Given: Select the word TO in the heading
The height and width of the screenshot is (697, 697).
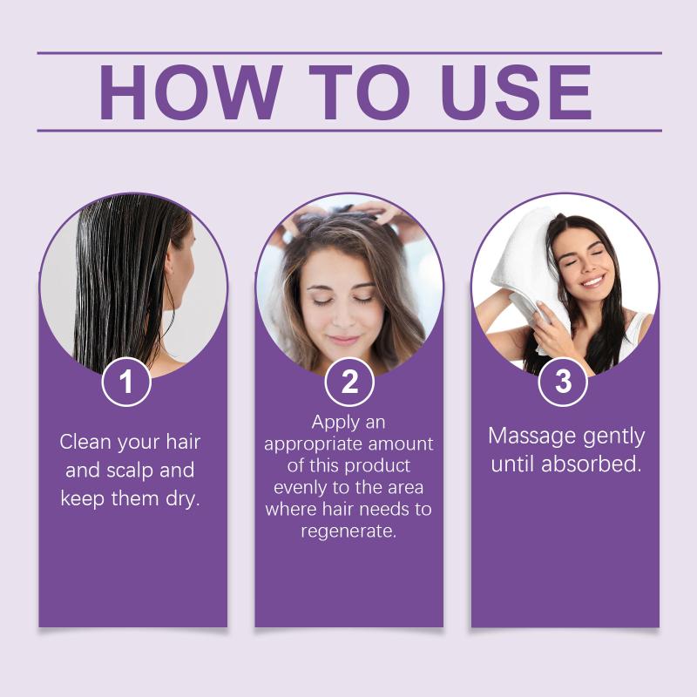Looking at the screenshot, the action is coord(360,92).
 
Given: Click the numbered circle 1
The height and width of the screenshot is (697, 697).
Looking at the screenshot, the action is coord(126,382).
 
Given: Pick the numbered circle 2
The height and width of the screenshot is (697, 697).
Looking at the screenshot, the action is coord(349,382).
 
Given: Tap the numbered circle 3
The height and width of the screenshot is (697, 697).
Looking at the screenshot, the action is coord(563,382).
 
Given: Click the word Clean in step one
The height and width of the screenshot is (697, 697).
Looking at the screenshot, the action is coord(85,442).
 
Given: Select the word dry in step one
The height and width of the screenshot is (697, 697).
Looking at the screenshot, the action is coord(183,498).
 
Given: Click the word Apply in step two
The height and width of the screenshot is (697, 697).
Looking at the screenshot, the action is coord(329,423).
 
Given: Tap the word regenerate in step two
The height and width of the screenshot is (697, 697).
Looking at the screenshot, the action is coord(348,531).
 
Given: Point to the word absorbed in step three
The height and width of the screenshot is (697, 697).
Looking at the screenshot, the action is coord(592,464).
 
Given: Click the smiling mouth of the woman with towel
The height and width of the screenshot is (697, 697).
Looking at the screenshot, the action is coord(593,281).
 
